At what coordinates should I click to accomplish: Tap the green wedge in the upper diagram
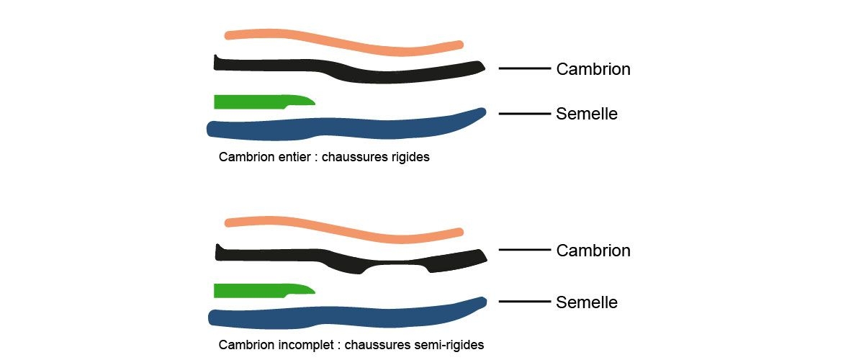click(x=259, y=101)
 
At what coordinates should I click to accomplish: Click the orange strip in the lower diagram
click(x=338, y=227)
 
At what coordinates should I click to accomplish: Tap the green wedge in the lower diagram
click(x=259, y=289)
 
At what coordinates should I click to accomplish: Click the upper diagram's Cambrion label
click(x=593, y=69)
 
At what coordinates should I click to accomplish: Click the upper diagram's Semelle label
click(x=587, y=114)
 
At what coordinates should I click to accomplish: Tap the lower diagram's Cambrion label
click(x=593, y=251)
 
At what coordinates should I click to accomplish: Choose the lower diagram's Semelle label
click(x=587, y=302)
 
